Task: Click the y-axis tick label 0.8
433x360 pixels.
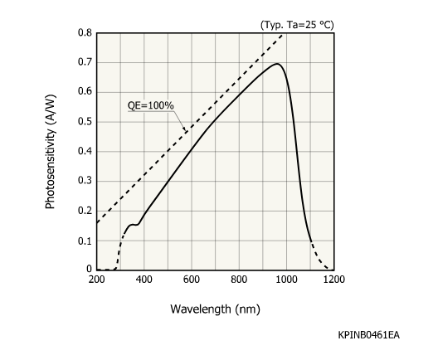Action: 85,33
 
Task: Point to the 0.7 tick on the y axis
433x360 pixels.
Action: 85,63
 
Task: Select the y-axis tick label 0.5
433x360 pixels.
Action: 85,122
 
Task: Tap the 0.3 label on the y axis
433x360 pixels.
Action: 85,182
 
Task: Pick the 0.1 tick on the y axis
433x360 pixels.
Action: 85,241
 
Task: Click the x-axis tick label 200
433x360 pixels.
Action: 97,281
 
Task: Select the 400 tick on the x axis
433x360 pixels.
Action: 144,281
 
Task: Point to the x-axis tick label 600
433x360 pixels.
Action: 192,281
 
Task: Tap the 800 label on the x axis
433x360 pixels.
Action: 240,281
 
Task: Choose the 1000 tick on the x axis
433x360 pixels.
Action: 287,281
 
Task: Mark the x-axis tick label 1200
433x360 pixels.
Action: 334,281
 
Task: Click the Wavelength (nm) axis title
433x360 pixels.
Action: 215,309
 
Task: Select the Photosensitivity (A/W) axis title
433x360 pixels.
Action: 51,151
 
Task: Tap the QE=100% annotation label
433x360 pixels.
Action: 149,105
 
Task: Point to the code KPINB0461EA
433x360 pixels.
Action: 368,335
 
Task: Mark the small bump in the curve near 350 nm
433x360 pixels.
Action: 133,224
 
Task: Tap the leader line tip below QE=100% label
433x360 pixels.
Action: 187,130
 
